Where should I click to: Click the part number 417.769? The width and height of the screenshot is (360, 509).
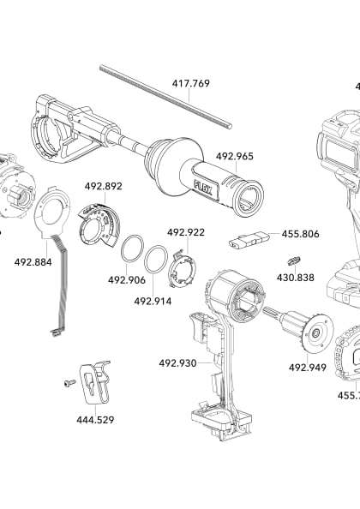190,84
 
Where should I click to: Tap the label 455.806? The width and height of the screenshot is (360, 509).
300,233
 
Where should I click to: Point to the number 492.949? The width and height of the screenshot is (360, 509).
307,368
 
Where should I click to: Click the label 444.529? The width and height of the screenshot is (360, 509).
95,420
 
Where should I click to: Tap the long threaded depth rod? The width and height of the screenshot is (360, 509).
163,93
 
